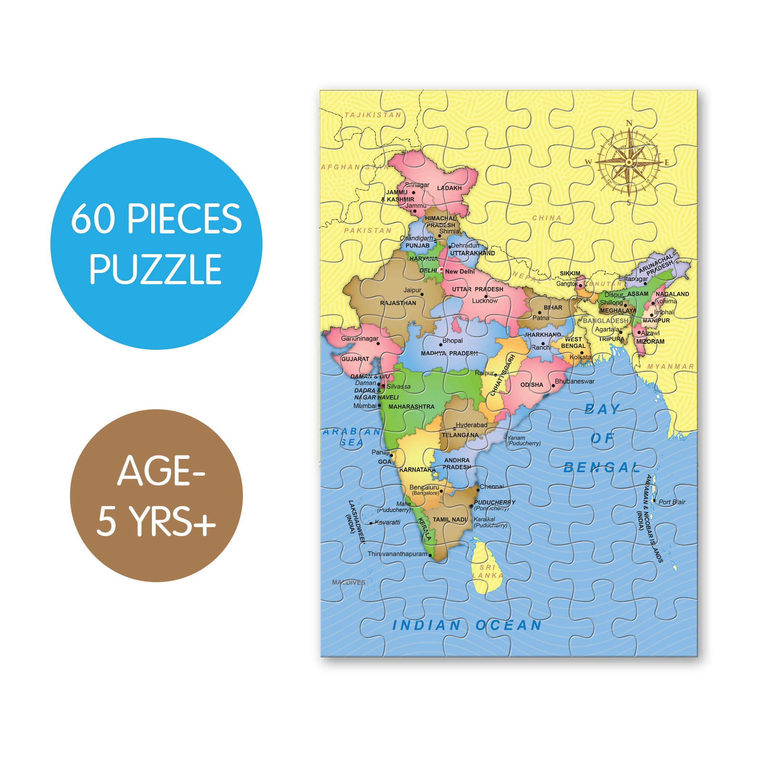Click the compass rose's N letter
(x=629, y=123)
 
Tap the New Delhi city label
(x=459, y=272)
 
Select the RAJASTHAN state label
(x=398, y=303)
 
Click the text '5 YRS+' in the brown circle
(x=156, y=521)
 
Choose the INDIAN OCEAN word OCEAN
(x=508, y=625)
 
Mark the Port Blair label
(x=672, y=502)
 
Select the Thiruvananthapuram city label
(x=397, y=554)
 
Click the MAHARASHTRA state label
(x=411, y=406)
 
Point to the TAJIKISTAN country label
(x=373, y=115)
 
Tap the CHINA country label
(x=546, y=218)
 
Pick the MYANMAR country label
(x=670, y=366)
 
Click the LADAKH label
(x=449, y=188)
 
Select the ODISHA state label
(x=531, y=385)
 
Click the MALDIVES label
(x=348, y=583)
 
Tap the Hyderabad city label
(x=471, y=425)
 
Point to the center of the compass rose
(x=628, y=162)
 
